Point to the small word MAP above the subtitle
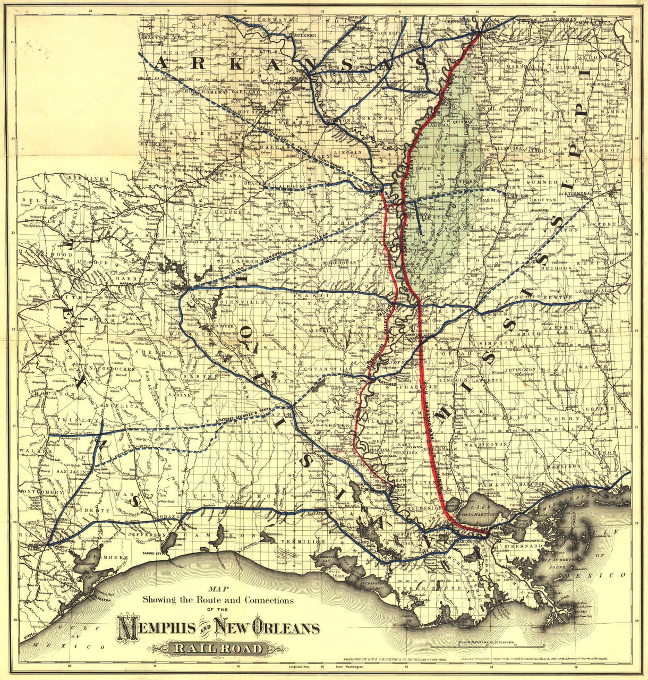[217, 589]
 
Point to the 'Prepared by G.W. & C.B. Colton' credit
[396, 659]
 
